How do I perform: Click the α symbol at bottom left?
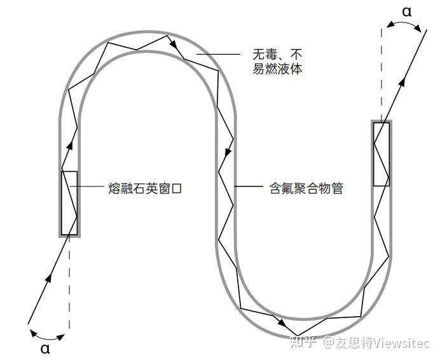point(45,348)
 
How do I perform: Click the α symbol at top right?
point(406,11)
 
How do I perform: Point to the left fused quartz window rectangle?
point(69,203)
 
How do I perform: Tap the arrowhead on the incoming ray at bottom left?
point(48,278)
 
